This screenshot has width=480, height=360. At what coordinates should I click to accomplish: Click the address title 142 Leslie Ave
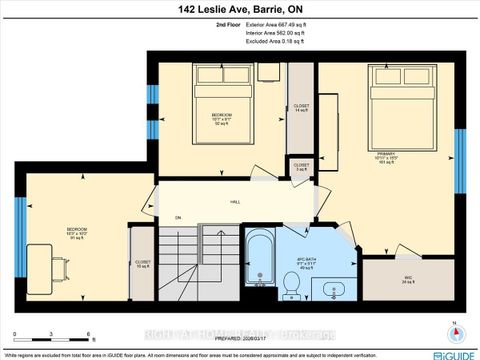pos(239,9)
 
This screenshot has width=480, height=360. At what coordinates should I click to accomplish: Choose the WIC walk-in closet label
pos(407,280)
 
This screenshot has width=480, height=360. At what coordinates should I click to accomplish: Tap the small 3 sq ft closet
pos(300,167)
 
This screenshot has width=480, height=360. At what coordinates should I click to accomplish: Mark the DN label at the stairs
pos(178,218)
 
